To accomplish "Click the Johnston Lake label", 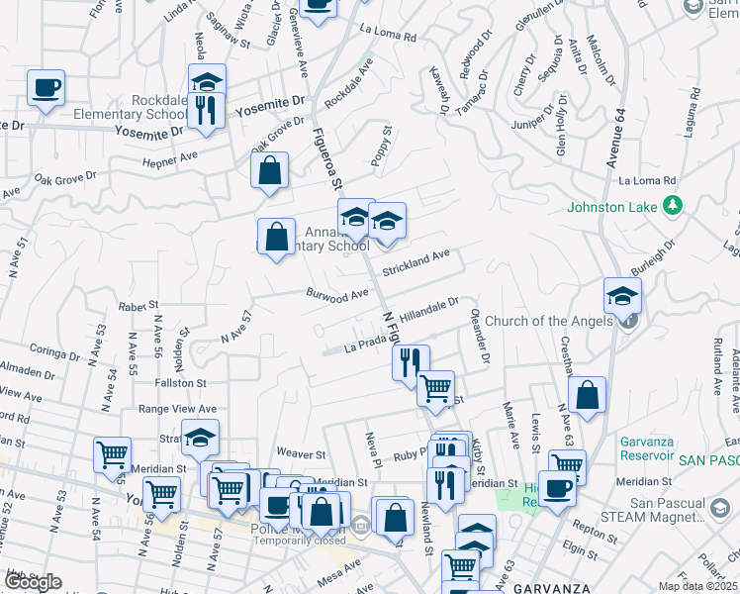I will pyautogui.click(x=613, y=207).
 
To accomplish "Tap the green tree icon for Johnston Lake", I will pyautogui.click(x=673, y=206).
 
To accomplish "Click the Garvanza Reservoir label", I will pyautogui.click(x=647, y=448).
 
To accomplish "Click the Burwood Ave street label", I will pyautogui.click(x=336, y=294).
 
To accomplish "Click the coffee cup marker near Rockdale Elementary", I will pyautogui.click(x=46, y=87).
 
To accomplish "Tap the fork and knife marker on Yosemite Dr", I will pyautogui.click(x=206, y=110).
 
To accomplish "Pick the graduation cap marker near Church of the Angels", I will pyautogui.click(x=623, y=295).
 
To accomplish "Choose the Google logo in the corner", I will pyautogui.click(x=32, y=582).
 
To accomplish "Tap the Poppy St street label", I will pyautogui.click(x=387, y=143).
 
